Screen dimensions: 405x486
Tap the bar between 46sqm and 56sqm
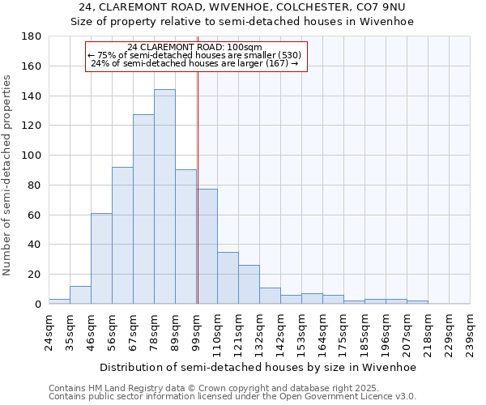[101, 258]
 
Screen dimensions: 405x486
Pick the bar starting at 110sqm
[228, 278]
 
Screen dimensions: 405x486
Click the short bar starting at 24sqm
[59, 301]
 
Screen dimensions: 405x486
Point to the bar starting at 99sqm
[207, 246]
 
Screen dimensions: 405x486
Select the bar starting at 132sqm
[270, 296]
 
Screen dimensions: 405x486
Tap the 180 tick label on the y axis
[32, 36]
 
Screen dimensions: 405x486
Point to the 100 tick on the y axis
[32, 156]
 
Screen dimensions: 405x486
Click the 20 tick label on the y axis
[35, 275]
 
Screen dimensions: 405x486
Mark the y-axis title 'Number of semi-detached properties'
[8, 174]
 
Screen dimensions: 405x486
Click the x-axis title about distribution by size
[258, 367]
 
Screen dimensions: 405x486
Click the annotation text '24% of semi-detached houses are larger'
[194, 63]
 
